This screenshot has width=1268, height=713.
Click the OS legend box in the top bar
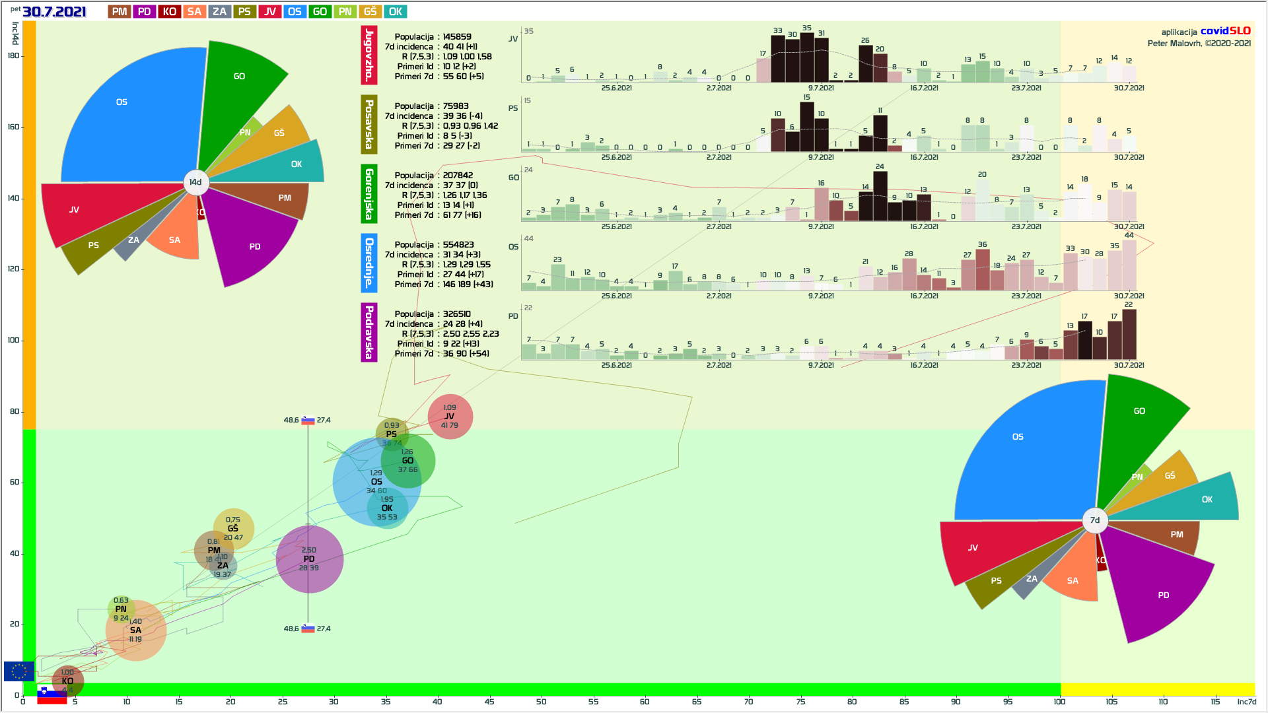pyautogui.click(x=295, y=12)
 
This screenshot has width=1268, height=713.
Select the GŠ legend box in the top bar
pyautogui.click(x=370, y=12)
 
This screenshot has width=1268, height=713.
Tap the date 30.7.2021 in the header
pyautogui.click(x=54, y=11)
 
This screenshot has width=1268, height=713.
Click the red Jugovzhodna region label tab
pyautogui.click(x=369, y=55)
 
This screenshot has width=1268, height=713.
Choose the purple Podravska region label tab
pyautogui.click(x=369, y=332)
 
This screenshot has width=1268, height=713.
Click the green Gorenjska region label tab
pyautogui.click(x=369, y=193)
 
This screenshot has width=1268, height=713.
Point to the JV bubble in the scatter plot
pyautogui.click(x=450, y=417)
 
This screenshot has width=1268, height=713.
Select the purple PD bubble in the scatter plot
pyautogui.click(x=310, y=559)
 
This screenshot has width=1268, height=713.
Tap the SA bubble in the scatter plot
pyautogui.click(x=136, y=630)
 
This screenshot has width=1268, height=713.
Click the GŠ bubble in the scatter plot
pyautogui.click(x=233, y=529)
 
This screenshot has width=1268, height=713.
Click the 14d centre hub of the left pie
pyautogui.click(x=195, y=182)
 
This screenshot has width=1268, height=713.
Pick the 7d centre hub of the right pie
pyautogui.click(x=1095, y=520)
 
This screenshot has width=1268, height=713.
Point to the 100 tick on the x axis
pyautogui.click(x=1059, y=701)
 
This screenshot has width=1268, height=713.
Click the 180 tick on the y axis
pyautogui.click(x=13, y=56)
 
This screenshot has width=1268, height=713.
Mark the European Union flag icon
pyautogui.click(x=18, y=671)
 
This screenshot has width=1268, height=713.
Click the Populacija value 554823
pyautogui.click(x=458, y=245)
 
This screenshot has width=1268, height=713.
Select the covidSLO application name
pyautogui.click(x=1225, y=31)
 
